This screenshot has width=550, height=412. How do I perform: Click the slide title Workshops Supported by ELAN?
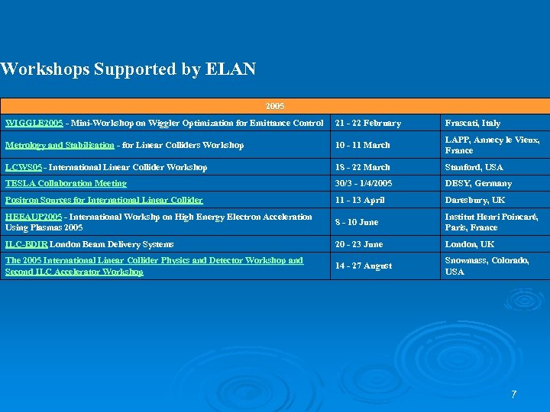tap(128, 69)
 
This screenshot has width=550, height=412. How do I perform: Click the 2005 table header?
tap(275, 106)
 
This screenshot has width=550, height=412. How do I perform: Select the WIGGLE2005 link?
tap(34, 123)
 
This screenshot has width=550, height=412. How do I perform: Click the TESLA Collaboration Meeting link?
tap(66, 183)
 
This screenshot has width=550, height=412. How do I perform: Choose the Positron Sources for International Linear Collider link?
tap(104, 200)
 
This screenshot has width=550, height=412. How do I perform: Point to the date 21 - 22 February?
tap(367, 123)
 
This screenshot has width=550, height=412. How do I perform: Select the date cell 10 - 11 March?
tap(362, 145)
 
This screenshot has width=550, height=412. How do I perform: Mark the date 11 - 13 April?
tap(360, 200)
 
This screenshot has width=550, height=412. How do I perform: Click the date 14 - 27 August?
tap(363, 266)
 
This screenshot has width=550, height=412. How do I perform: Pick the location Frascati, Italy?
tap(473, 123)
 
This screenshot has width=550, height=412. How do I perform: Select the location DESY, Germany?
tap(478, 183)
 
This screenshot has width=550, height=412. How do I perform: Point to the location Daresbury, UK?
tap(475, 200)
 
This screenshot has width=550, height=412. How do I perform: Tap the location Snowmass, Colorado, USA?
tap(487, 266)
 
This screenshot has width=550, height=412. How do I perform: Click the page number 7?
tap(513, 394)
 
